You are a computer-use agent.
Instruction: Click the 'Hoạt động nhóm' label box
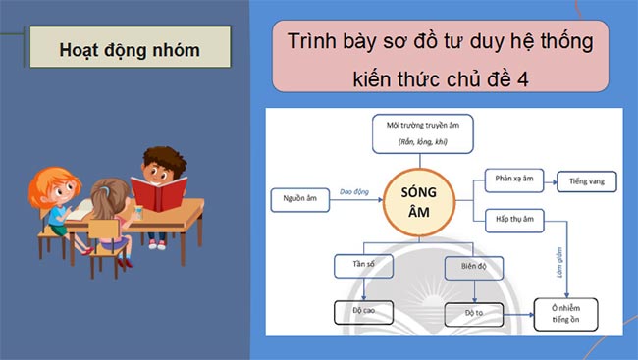click(x=129, y=48)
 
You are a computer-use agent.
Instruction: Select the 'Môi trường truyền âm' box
click(x=422, y=132)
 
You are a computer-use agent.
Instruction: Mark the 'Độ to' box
click(x=472, y=314)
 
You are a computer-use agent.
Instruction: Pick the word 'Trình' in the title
click(x=312, y=43)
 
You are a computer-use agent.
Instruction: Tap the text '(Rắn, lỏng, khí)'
click(x=422, y=143)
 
